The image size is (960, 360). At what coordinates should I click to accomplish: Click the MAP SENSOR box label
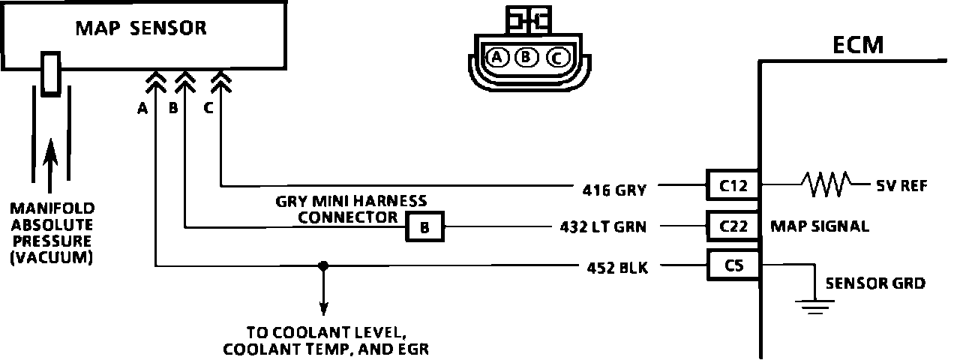141,28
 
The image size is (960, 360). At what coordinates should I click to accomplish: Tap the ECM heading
859,46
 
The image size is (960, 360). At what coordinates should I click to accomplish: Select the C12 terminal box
733,184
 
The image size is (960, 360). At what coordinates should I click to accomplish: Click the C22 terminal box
733,225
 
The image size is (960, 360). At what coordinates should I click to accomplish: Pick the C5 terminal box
733,264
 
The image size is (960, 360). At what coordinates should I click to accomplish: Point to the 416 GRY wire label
613,190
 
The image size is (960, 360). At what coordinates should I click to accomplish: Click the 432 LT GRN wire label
602,226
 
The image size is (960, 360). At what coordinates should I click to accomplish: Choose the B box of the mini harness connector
424,226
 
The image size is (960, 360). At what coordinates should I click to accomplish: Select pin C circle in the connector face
556,56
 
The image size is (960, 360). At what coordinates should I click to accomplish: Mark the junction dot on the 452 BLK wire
323,265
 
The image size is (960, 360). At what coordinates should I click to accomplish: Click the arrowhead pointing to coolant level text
323,307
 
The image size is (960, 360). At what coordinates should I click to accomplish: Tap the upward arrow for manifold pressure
51,161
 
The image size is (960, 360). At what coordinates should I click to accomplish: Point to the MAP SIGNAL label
820,226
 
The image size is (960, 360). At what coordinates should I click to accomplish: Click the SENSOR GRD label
874,283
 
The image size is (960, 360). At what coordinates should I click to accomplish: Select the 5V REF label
901,184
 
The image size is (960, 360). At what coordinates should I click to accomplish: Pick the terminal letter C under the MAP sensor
208,109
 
